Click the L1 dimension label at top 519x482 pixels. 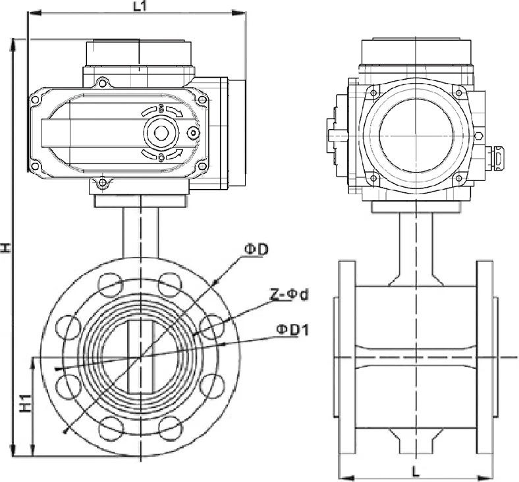(139, 7)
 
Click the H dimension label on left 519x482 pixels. (6, 248)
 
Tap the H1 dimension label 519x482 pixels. (24, 404)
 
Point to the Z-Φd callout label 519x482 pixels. (288, 294)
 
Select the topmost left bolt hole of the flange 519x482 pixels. (110, 284)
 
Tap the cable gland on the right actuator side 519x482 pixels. (498, 157)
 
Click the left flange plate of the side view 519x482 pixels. (346, 356)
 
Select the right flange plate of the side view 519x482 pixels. (485, 356)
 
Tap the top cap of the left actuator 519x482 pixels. (138, 53)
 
